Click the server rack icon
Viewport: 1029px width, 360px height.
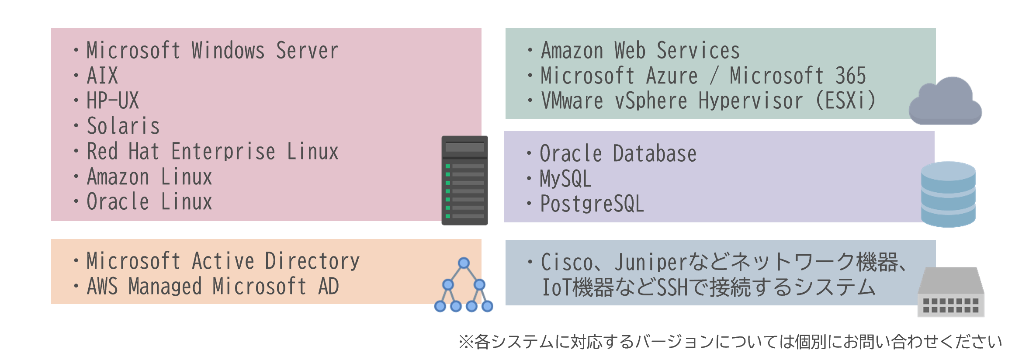[464, 180]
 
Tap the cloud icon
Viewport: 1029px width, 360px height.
[945, 101]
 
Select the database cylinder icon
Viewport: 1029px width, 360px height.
[948, 194]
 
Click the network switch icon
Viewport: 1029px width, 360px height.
[951, 292]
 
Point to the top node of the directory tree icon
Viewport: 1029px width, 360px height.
[464, 263]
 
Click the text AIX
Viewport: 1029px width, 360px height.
[102, 76]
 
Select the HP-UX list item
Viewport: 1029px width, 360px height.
[113, 100]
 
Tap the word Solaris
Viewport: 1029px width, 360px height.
[123, 126]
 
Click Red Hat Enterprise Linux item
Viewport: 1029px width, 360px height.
[212, 151]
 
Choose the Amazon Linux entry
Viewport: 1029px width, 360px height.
[149, 177]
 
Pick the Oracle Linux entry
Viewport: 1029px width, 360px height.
[149, 201]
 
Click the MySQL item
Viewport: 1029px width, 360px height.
[565, 178]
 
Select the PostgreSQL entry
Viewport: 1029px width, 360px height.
[592, 204]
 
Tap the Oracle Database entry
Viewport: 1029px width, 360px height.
[618, 153]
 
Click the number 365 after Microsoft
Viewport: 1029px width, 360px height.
[850, 76]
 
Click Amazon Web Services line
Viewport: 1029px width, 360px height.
[640, 50]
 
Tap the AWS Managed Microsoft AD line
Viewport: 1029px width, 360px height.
[213, 286]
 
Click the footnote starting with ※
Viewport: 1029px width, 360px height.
[730, 342]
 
